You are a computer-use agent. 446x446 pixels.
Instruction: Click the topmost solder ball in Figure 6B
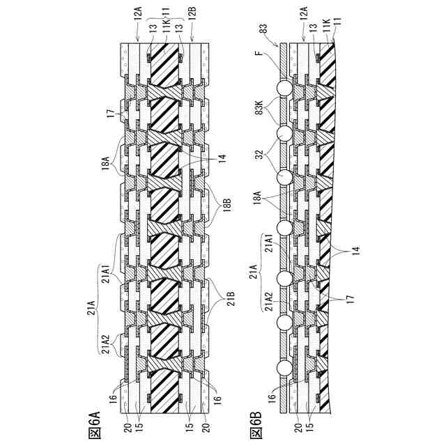click(284, 89)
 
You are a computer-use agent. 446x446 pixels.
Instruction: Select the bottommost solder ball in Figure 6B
click(284, 367)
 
